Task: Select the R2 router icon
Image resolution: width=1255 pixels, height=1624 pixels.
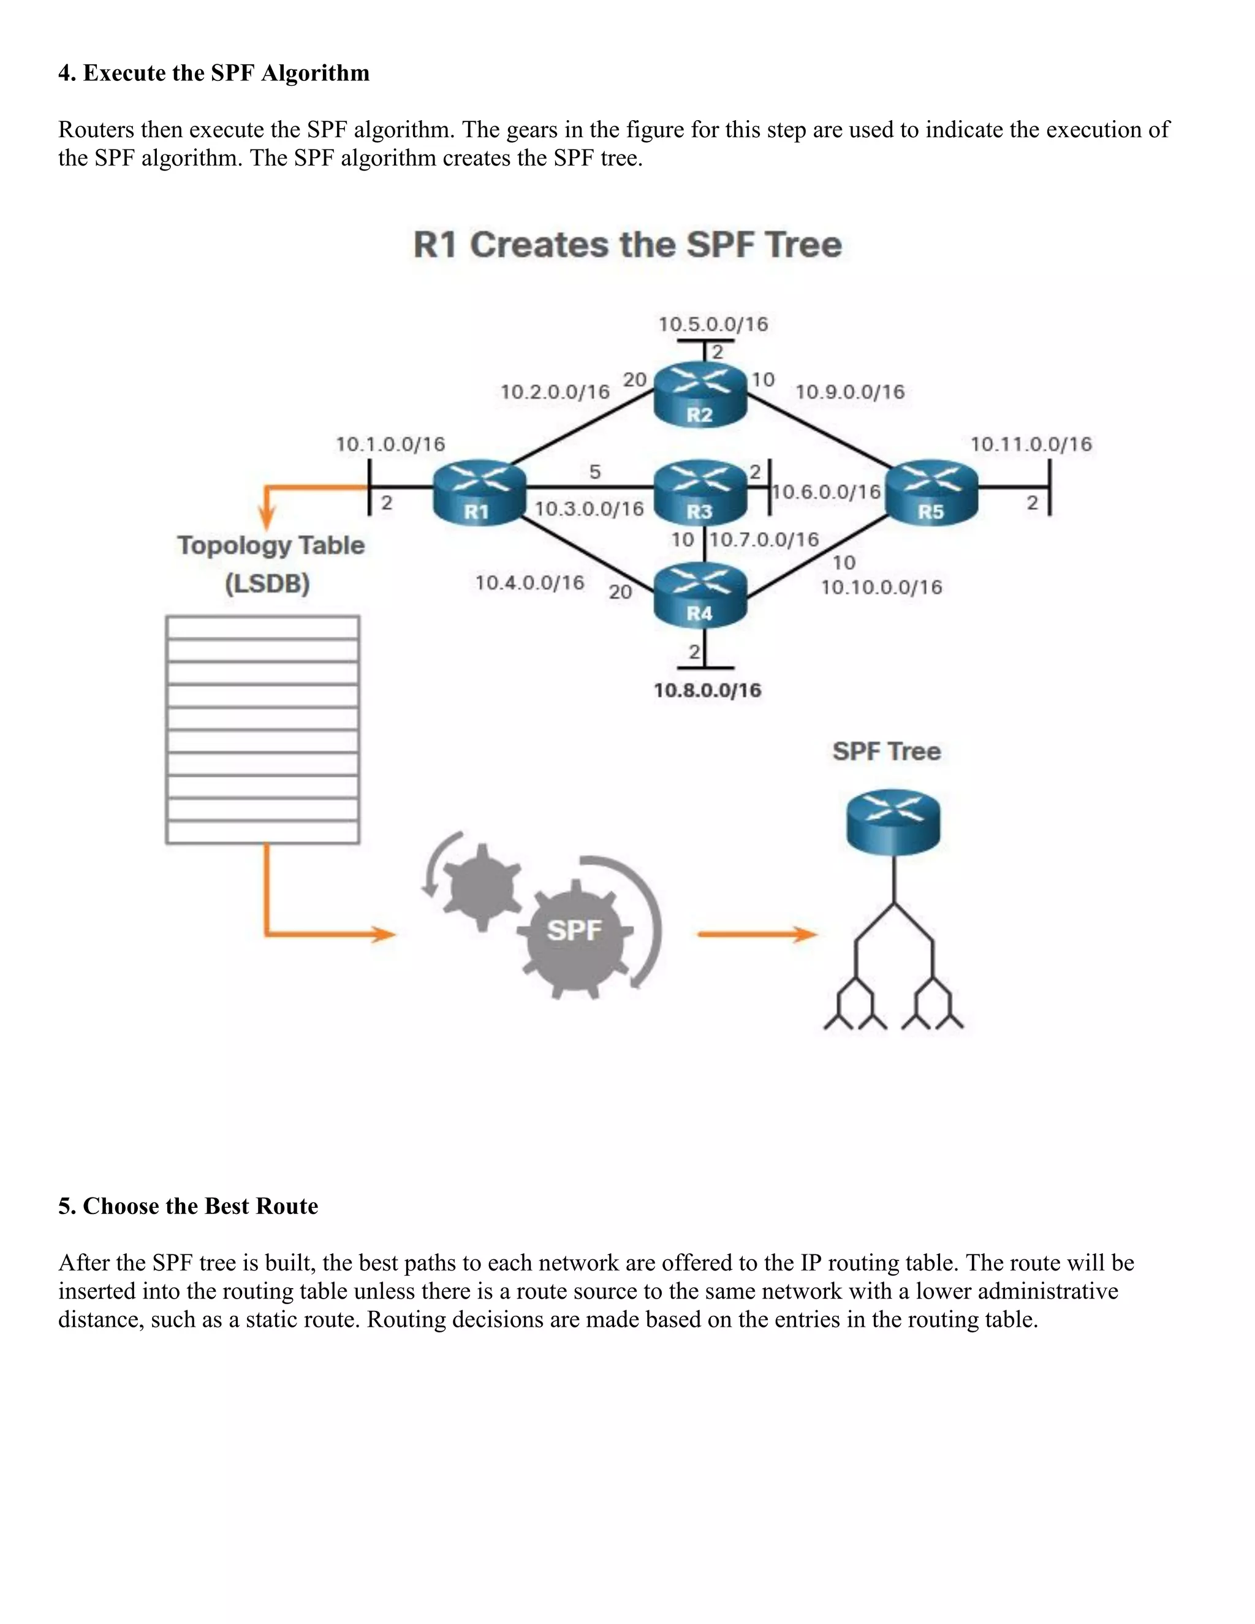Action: [x=700, y=395]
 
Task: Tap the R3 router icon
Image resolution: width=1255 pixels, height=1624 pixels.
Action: [x=700, y=491]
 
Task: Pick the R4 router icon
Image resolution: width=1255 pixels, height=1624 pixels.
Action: [x=700, y=595]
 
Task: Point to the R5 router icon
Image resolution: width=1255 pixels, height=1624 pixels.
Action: [x=931, y=492]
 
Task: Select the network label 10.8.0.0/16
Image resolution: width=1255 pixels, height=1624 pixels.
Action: [x=707, y=690]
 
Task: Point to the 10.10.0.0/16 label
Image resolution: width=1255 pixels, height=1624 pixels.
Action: [x=881, y=588]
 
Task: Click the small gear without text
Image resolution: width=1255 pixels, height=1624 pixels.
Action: [x=482, y=886]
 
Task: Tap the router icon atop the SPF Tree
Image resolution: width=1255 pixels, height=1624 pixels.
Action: [x=893, y=822]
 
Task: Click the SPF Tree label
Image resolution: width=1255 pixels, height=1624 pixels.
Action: [x=886, y=751]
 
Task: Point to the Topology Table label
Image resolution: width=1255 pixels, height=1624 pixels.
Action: [x=271, y=546]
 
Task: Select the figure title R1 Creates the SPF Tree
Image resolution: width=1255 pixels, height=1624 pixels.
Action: [x=627, y=245]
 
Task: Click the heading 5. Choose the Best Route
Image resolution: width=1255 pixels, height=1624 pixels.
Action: [x=188, y=1205]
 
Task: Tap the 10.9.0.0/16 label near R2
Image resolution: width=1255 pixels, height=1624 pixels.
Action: [x=850, y=392]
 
